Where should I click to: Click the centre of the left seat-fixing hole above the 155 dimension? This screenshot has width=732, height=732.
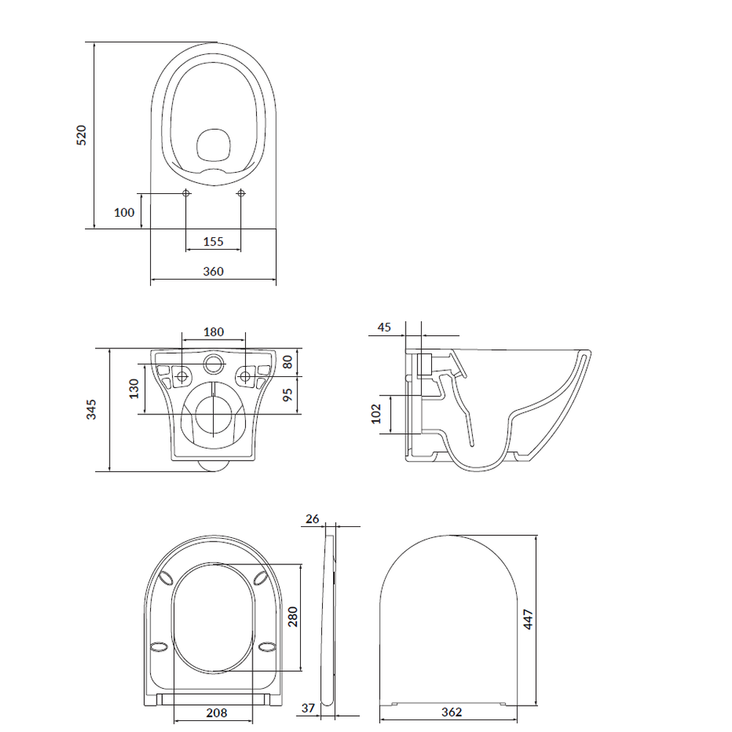tap(186, 193)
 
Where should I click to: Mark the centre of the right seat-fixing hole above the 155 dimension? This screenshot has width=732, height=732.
tap(241, 193)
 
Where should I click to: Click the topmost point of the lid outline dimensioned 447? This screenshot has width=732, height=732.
tap(449, 536)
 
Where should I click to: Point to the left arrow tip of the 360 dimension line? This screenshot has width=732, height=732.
tap(151, 279)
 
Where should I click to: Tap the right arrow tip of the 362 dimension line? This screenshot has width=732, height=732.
tap(518, 720)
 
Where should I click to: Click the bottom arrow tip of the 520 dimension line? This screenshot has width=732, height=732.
tap(94, 228)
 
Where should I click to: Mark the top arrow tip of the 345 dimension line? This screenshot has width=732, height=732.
tap(109, 348)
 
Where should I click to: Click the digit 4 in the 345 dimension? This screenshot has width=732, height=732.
tap(91, 409)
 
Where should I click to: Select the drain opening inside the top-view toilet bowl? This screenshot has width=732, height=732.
tap(214, 143)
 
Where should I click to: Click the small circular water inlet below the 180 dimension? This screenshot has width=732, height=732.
tap(214, 363)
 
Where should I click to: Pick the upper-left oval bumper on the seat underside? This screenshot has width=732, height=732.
tap(165, 578)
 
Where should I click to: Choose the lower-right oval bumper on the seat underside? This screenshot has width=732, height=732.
tap(267, 646)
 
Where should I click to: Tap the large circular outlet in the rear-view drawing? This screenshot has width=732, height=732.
tap(214, 415)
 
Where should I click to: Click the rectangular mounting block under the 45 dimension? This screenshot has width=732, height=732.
tap(424, 365)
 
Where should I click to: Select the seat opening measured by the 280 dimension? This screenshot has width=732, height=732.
tap(213, 618)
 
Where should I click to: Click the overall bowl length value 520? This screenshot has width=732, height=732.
tap(81, 135)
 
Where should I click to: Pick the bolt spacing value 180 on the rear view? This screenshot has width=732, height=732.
tap(214, 332)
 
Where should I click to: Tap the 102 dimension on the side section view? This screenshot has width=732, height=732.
tap(376, 414)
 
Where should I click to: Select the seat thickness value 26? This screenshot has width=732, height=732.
tap(313, 519)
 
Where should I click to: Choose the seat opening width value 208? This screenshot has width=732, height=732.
tap(217, 713)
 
